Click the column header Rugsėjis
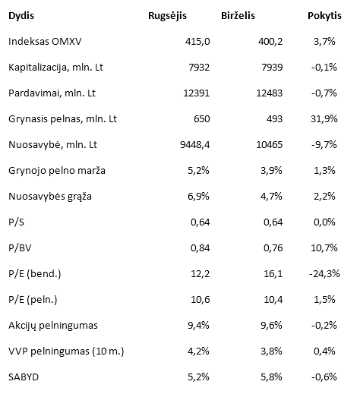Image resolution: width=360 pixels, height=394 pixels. point(167,16)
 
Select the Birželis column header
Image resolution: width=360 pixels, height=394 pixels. point(238,16)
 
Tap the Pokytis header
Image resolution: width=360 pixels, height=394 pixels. point(324,16)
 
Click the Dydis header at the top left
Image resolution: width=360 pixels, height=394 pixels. point(21,16)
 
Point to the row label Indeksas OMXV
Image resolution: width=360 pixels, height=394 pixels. point(45,41)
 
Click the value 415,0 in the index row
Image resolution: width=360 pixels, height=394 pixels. point(197,41)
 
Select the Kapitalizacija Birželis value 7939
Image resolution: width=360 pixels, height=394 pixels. point(272,68)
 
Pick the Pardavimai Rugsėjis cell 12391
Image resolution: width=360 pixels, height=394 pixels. point(197,93)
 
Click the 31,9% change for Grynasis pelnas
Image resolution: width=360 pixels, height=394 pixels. point(324,118)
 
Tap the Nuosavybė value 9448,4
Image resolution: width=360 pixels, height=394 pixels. point(195,145)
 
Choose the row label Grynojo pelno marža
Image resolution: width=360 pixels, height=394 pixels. point(57,171)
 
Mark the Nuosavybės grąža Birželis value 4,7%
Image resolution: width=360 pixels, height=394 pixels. point(271,197)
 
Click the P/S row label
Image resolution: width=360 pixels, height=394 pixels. point(16,222)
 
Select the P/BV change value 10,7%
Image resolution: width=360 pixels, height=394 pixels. point(324,247)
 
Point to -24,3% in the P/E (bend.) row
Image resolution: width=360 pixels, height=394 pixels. point(324,274)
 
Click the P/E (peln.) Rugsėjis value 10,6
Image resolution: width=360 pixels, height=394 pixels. point(201,300)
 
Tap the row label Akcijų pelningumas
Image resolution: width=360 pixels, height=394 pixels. point(53,326)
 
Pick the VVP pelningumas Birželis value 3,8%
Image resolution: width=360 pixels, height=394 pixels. point(271,351)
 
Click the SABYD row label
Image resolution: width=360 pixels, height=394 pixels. point(24,377)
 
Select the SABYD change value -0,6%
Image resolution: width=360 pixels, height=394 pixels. point(324,377)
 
